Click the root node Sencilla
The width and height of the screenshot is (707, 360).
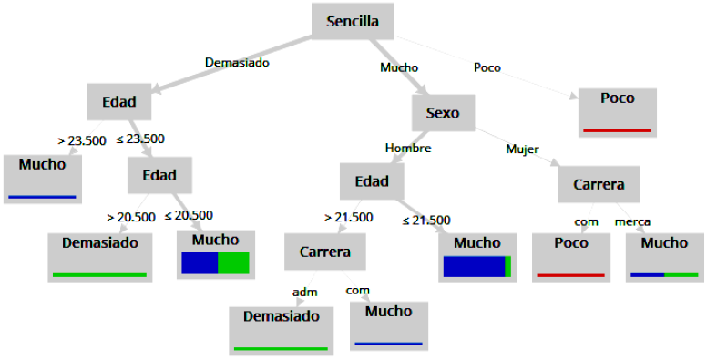tap(353, 21)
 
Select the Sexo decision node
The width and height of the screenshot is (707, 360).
tap(443, 114)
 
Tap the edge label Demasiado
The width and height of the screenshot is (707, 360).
tap(237, 63)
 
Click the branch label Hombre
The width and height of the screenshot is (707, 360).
tap(408, 148)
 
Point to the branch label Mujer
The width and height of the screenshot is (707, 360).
tap(522, 149)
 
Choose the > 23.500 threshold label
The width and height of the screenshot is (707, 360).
tap(81, 140)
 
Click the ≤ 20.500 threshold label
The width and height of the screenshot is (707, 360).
tap(189, 215)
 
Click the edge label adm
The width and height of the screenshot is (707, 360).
tap(303, 292)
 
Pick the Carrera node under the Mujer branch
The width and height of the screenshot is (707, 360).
tap(599, 184)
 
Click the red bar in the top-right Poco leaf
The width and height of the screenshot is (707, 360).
tap(618, 130)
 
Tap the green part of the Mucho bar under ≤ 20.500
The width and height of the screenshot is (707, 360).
tap(233, 262)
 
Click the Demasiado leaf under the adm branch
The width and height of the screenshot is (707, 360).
tap(282, 328)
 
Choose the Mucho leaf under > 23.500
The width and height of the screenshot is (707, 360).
tap(43, 177)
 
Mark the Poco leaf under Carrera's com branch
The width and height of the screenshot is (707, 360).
tap(570, 255)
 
